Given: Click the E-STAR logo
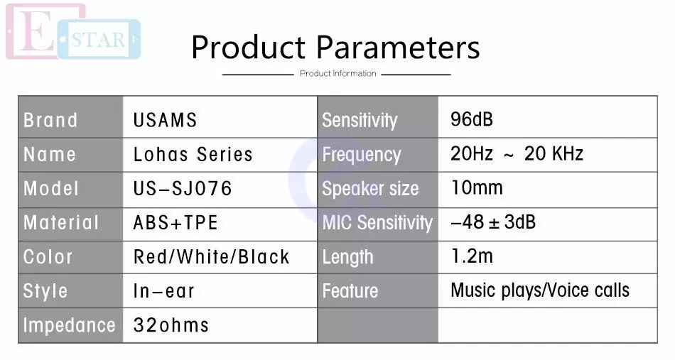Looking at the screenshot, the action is point(73,32).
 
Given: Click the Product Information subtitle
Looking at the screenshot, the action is point(338,74).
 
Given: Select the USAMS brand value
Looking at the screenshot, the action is point(165,120).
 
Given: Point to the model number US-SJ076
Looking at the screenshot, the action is point(183,188).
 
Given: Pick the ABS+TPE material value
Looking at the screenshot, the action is point(175,223).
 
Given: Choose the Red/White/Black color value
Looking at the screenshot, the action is point(211,257).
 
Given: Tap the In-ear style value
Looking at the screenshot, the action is point(163,291).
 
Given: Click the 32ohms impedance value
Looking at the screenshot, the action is point(171,325).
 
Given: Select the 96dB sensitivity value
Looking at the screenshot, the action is point(471,119).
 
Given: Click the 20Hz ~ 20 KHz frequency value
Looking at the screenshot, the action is point(517,153).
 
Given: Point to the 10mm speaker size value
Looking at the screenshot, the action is point(477,187).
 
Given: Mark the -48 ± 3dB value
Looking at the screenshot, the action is point(493,222).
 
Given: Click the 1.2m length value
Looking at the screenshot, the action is point(471,256).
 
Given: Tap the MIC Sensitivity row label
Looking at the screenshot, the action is point(377,223).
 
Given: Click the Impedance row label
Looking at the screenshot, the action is point(69,325).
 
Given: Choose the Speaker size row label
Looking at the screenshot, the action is point(370,188).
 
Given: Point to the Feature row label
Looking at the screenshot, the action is point(350,290).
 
